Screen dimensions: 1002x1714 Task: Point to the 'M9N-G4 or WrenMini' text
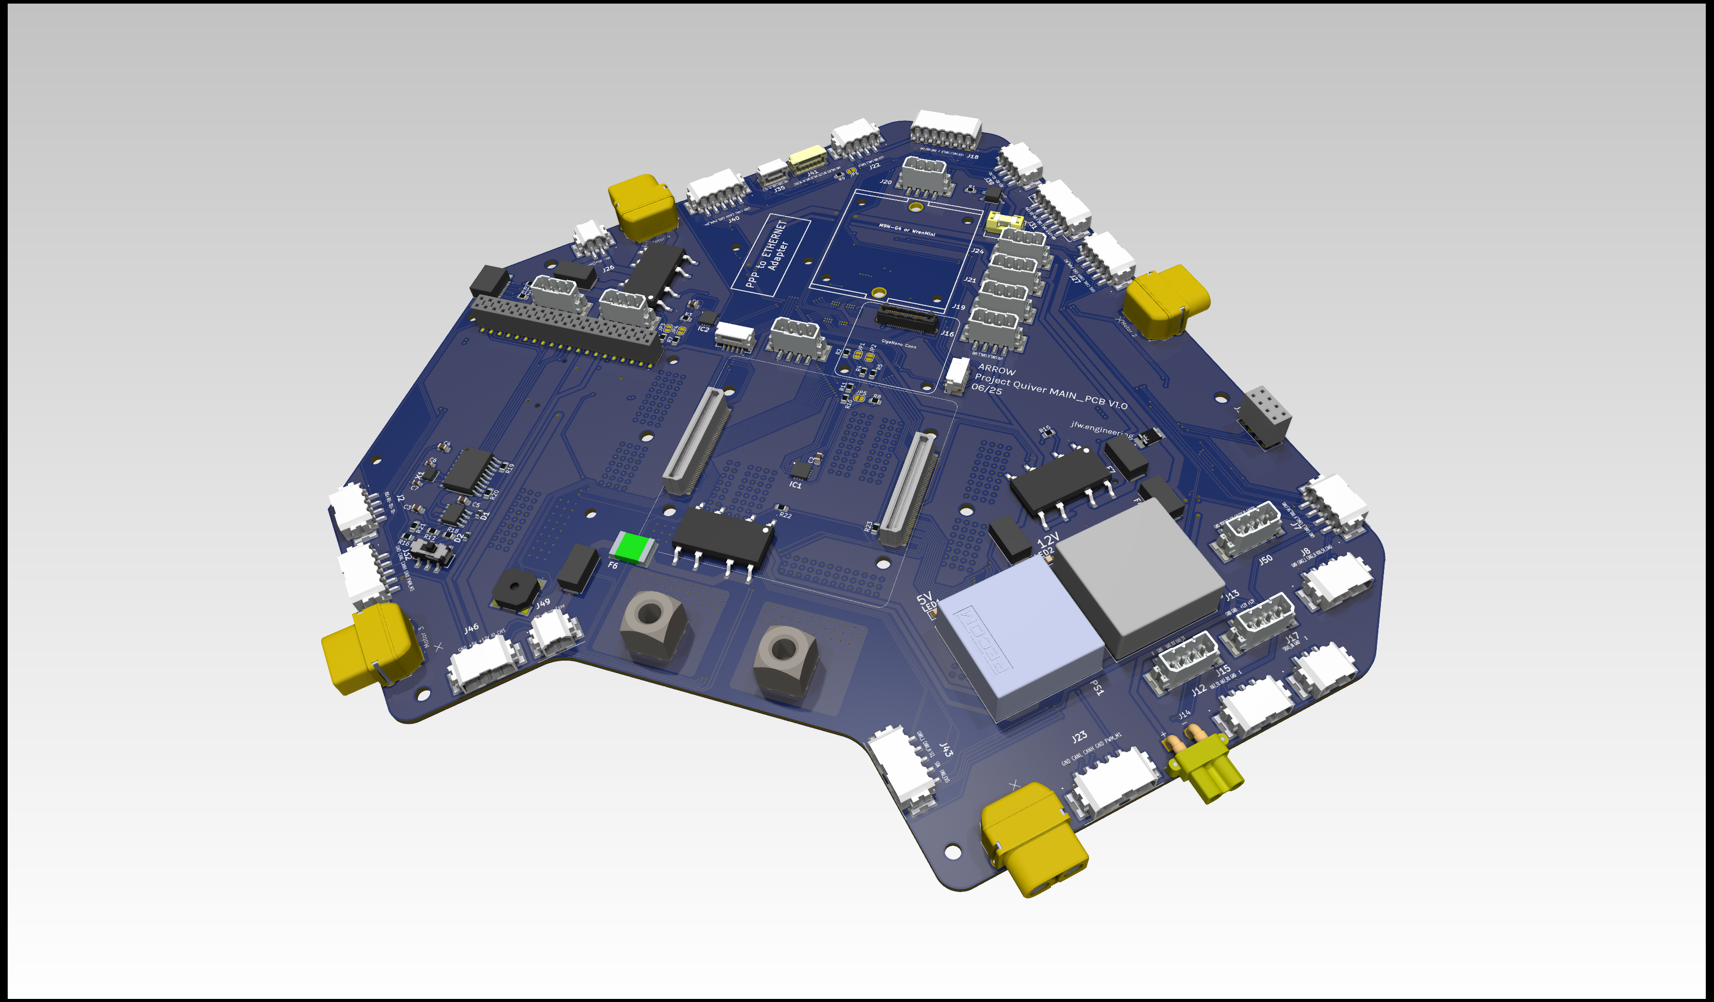coord(907,230)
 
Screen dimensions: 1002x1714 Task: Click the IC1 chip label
coord(795,485)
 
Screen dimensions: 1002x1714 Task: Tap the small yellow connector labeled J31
coord(1005,222)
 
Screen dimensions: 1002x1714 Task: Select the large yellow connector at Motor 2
coord(1166,301)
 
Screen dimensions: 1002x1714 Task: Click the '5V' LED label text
coord(924,598)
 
